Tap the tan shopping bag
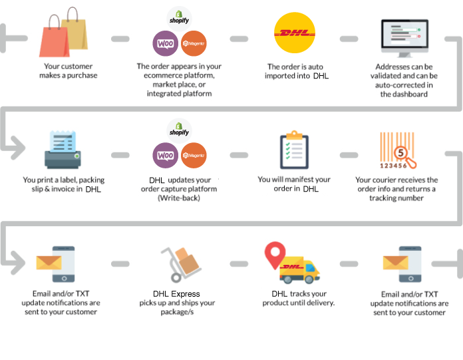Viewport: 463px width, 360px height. point(75,33)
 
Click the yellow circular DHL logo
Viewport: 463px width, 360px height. point(295,33)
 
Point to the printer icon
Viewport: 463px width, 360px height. point(63,150)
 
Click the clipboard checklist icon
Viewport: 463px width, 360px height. point(294,150)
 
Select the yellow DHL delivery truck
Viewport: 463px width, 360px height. point(299,270)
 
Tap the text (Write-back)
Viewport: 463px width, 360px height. point(179,198)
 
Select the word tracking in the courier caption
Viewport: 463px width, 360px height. point(381,198)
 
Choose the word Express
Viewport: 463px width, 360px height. point(186,294)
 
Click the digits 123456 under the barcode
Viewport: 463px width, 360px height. point(393,166)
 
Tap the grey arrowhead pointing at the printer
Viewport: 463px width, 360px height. point(19,148)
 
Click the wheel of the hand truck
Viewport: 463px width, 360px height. point(176,278)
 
